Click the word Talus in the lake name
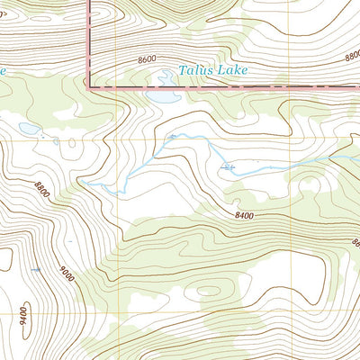[194, 67]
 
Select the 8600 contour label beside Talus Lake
[147, 59]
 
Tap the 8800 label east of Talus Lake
[352, 56]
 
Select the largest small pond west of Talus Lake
[29, 130]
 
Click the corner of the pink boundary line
[88, 86]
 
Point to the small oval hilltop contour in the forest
[208, 291]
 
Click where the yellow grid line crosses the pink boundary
[117, 87]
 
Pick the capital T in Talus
[181, 67]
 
